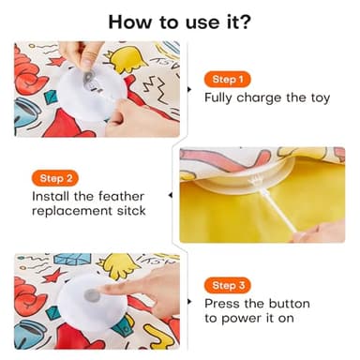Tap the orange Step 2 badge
tap(54, 177)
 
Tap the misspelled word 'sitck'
tap(127, 211)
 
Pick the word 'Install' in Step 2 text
tap(53, 196)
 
